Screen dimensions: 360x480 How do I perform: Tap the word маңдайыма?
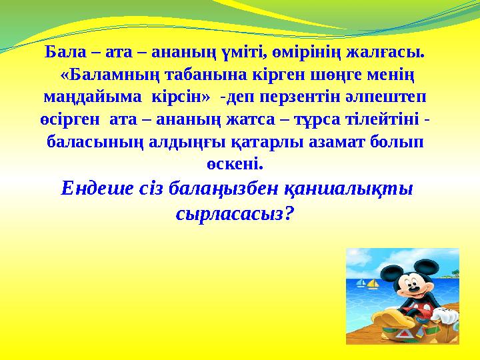[89, 97]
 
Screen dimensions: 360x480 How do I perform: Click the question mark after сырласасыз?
[289, 215]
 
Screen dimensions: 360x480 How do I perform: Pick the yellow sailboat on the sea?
[373, 284]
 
